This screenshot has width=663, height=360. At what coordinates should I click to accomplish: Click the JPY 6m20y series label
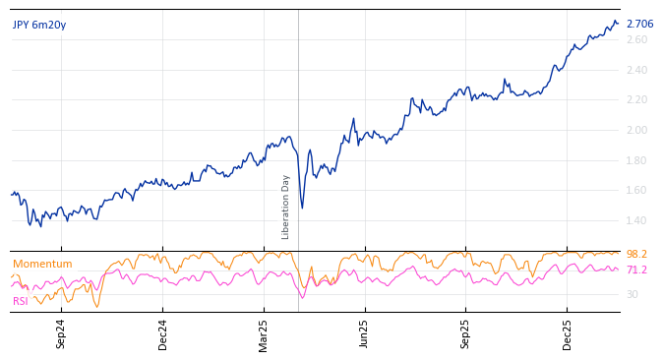pyautogui.click(x=39, y=25)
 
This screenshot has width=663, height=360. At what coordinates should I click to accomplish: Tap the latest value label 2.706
pyautogui.click(x=639, y=24)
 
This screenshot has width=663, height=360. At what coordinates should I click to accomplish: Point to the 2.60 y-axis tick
pyautogui.click(x=636, y=39)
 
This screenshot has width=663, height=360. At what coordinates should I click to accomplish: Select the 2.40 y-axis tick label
pyautogui.click(x=636, y=70)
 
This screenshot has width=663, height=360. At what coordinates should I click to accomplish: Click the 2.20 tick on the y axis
pyautogui.click(x=636, y=99)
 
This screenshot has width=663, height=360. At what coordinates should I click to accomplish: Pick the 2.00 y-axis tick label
pyautogui.click(x=636, y=130)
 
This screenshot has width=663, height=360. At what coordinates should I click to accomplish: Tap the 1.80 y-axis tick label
pyautogui.click(x=636, y=160)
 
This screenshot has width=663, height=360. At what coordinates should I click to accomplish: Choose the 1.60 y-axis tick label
pyautogui.click(x=636, y=190)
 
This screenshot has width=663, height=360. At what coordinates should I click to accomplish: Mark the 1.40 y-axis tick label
pyautogui.click(x=636, y=220)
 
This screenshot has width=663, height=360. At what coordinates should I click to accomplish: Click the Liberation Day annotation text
pyautogui.click(x=286, y=207)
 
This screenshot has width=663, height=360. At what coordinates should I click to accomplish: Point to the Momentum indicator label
pyautogui.click(x=42, y=264)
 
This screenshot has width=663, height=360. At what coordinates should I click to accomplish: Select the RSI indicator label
pyautogui.click(x=21, y=301)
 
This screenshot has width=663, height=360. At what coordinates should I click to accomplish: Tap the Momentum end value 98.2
pyautogui.click(x=636, y=254)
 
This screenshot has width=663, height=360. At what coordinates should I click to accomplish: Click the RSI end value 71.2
pyautogui.click(x=636, y=270)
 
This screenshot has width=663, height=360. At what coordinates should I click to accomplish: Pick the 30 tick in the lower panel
pyautogui.click(x=632, y=294)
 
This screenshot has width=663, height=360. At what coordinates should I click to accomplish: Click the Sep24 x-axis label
pyautogui.click(x=61, y=333)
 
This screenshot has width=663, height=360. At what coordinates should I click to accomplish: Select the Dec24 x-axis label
pyautogui.click(x=162, y=333)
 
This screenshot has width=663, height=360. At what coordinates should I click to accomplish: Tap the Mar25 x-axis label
pyautogui.click(x=264, y=333)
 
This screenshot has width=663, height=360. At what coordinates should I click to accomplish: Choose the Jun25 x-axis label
pyautogui.click(x=365, y=333)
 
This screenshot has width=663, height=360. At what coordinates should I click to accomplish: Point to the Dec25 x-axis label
pyautogui.click(x=567, y=333)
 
